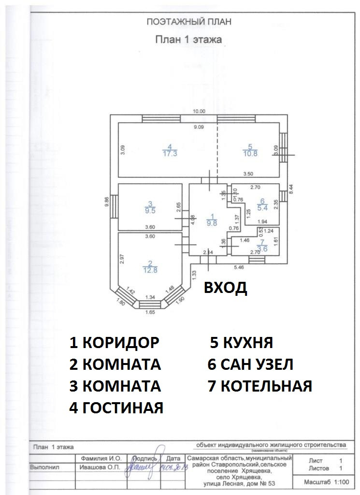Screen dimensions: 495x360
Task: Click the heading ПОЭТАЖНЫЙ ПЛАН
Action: click(x=189, y=22)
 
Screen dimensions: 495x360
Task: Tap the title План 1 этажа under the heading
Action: click(x=188, y=40)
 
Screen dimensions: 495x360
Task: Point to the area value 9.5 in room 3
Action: click(x=151, y=210)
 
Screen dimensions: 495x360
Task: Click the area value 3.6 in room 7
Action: click(x=262, y=248)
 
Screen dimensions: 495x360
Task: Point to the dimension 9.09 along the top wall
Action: click(x=199, y=127)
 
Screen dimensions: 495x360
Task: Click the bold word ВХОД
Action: click(x=225, y=288)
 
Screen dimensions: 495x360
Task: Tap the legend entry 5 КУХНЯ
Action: click(x=242, y=343)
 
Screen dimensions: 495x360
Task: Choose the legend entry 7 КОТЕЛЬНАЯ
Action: click(x=260, y=386)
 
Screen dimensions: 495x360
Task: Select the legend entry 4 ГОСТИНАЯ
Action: click(x=116, y=408)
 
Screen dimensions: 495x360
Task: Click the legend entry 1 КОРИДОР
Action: click(x=115, y=343)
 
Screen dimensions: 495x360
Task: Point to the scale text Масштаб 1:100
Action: click(x=326, y=482)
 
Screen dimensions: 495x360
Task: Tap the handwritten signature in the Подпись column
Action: click(x=140, y=469)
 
